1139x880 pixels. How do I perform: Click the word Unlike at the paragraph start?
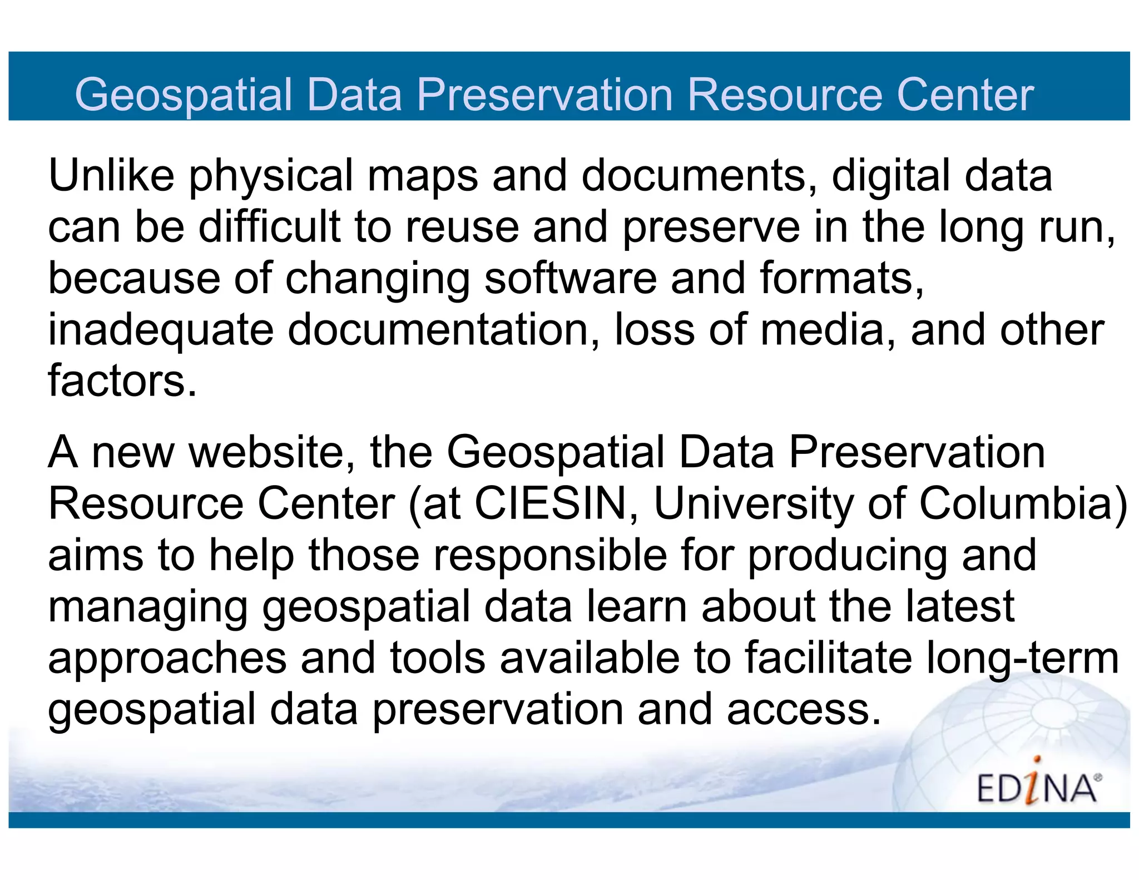[x=111, y=175]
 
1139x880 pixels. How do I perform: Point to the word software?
[x=570, y=278]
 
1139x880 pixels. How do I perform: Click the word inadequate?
[x=161, y=331]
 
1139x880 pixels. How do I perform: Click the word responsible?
[x=550, y=556]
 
